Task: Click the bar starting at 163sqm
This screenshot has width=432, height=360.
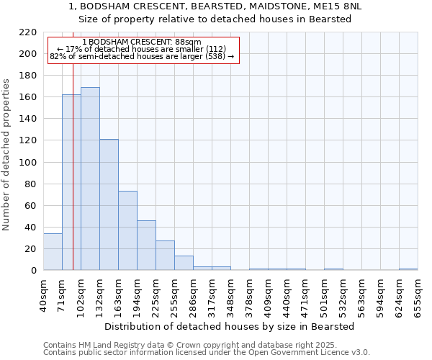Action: pyautogui.click(x=127, y=230)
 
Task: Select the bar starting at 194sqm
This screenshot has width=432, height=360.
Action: pyautogui.click(x=146, y=246)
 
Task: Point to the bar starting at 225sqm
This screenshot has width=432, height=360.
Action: pyautogui.click(x=165, y=256)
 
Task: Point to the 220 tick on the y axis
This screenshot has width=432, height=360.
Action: pyautogui.click(x=27, y=32)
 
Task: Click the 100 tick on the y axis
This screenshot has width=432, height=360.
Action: pyautogui.click(x=27, y=163)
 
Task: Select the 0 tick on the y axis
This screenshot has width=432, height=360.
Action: pyautogui.click(x=33, y=271)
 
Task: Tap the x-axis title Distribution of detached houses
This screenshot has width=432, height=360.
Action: pyautogui.click(x=229, y=326)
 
